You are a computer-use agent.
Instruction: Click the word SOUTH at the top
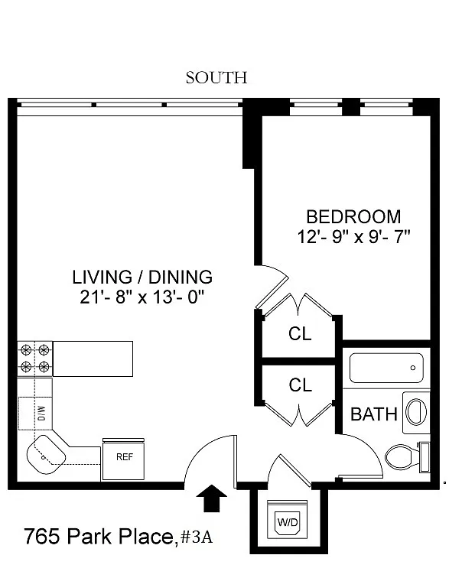pyautogui.click(x=216, y=78)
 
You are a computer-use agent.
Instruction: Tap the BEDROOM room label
pyautogui.click(x=353, y=217)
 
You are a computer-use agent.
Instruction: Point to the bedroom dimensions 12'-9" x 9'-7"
pyautogui.click(x=353, y=237)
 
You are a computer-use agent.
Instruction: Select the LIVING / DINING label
pyautogui.click(x=142, y=278)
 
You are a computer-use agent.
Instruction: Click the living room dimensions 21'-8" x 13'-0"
pyautogui.click(x=142, y=297)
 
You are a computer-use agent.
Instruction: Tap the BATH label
pyautogui.click(x=374, y=414)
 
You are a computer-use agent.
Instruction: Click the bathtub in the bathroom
pyautogui.click(x=386, y=368)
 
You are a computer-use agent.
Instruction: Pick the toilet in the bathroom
pyautogui.click(x=407, y=457)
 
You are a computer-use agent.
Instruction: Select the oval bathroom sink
pyautogui.click(x=416, y=412)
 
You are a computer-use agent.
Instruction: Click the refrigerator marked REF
pyautogui.click(x=123, y=459)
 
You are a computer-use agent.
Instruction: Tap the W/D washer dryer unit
pyautogui.click(x=288, y=519)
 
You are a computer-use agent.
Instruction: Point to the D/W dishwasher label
pyautogui.click(x=42, y=413)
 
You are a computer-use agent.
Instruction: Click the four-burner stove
pyautogui.click(x=35, y=359)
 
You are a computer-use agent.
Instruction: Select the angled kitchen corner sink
pyautogui.click(x=46, y=454)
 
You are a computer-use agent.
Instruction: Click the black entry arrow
pyautogui.click(x=211, y=498)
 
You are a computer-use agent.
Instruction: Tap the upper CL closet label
pyautogui.click(x=300, y=333)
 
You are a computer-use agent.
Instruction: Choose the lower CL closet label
pyautogui.click(x=300, y=385)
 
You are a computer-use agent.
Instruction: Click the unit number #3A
pyautogui.click(x=197, y=537)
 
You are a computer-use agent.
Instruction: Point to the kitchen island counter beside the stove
pyautogui.click(x=93, y=359)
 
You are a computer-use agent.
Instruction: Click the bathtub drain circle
pyautogui.click(x=412, y=368)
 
